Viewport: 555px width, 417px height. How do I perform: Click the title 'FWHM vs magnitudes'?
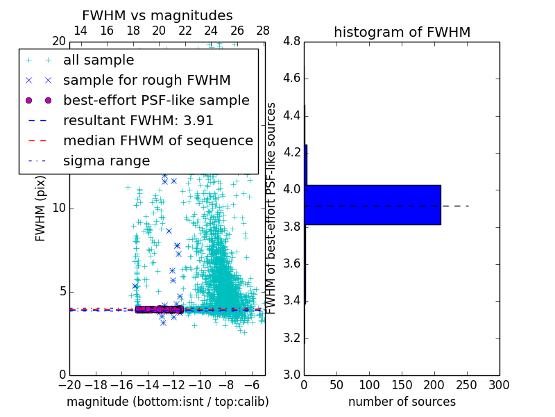pos(157,15)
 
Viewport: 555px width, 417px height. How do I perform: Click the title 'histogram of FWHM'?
pos(402,32)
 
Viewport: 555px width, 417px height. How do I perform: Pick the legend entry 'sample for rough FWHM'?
pos(146,81)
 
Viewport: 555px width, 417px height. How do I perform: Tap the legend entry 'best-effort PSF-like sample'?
pos(156,101)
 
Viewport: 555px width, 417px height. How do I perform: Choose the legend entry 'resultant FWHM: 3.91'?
pos(138,121)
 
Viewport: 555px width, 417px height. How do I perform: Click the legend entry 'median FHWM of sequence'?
pos(157,141)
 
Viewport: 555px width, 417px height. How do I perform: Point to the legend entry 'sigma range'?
pos(106,161)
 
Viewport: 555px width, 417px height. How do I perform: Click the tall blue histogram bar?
pos(372,205)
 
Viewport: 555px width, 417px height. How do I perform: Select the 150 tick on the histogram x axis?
pos(402,385)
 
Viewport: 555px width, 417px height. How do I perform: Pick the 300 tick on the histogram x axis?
pos(499,385)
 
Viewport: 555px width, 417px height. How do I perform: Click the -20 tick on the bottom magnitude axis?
pos(69,385)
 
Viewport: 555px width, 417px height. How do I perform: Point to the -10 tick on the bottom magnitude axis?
pos(200,385)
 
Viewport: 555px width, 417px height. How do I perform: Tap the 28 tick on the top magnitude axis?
pos(263,31)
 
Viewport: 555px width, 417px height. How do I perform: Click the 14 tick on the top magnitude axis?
pos(80,31)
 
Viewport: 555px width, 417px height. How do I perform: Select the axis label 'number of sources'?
pos(402,402)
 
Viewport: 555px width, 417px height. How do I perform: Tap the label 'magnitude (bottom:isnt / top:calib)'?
pos(167,402)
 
